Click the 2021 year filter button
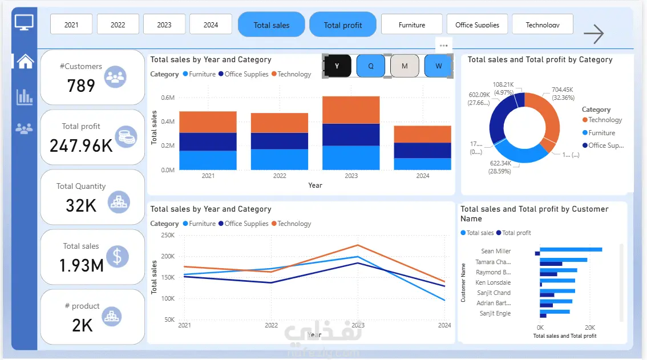pos(71,25)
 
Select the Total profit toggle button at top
pos(343,25)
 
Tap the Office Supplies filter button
pos(477,25)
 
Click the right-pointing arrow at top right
pos(593,34)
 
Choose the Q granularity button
pos(371,66)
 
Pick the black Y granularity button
pos(337,66)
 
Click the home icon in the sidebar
pos(25,61)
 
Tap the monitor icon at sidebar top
pos(24,23)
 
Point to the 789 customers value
pos(81,86)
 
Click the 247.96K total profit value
pos(81,145)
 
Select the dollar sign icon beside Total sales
pos(117,256)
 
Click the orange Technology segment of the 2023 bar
pos(351,110)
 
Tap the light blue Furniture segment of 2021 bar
pos(208,160)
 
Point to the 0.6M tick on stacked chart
pos(167,98)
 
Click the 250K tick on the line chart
pos(167,235)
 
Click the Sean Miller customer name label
pos(496,251)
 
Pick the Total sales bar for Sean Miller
pos(571,249)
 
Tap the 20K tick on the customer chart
pos(590,327)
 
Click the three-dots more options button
pos(443,45)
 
